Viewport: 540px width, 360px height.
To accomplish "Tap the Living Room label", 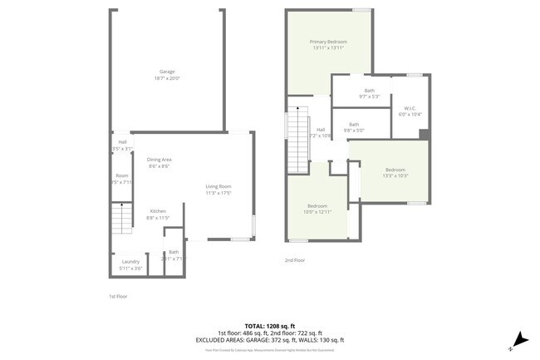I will (218, 186).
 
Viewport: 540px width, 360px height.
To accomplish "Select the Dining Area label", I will (160, 160).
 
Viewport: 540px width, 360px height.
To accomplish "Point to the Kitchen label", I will (158, 211).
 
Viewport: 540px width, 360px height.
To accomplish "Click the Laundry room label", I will (130, 261).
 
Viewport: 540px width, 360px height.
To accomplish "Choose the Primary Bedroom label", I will (328, 42).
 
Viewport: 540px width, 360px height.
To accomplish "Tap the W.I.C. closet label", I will (410, 108).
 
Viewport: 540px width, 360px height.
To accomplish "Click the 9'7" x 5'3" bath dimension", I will (369, 97).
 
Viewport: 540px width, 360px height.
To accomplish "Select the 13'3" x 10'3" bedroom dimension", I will (395, 175).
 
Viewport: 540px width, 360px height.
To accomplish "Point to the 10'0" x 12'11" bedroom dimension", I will (317, 212).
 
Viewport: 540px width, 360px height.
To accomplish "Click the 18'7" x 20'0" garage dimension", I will (166, 78).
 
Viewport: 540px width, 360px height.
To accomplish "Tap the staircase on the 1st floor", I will (122, 220).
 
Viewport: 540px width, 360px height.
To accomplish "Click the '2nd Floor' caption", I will (295, 260).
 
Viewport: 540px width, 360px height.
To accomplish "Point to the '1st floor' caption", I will (118, 296).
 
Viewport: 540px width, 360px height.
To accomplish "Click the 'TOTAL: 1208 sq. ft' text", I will (270, 325).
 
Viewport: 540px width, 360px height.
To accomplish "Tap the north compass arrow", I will (519, 339).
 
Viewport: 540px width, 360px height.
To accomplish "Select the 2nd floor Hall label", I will (321, 130).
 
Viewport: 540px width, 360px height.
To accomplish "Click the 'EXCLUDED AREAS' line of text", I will (270, 340).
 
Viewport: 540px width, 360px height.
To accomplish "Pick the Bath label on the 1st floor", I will (174, 252).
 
